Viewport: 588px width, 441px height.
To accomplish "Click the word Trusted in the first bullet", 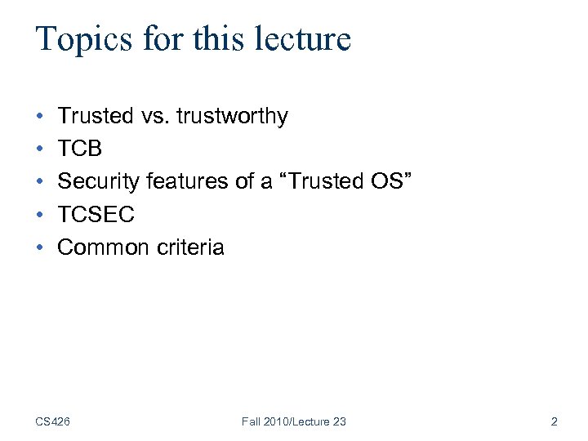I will (95, 117).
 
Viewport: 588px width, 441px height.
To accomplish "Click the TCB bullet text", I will (80, 149).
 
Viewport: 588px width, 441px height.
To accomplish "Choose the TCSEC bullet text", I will (96, 215).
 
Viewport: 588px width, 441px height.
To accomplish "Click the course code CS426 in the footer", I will (52, 421).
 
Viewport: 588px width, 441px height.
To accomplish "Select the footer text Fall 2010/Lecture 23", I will (294, 421).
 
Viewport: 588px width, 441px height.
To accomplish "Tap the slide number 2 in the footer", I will (554, 421).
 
